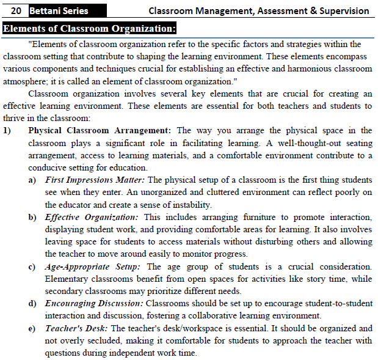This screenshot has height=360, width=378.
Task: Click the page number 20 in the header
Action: click(x=17, y=10)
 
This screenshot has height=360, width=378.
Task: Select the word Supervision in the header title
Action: click(x=345, y=10)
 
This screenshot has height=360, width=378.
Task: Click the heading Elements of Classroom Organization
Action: click(x=89, y=29)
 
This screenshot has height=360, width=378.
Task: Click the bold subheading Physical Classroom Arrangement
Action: click(x=101, y=130)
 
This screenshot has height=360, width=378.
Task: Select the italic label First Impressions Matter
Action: click(x=95, y=180)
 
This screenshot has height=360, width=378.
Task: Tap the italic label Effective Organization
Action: click(x=92, y=217)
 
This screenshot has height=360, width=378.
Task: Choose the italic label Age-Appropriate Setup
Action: click(x=94, y=266)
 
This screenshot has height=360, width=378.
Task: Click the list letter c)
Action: click(x=32, y=266)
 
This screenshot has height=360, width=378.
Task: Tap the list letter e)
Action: click(x=32, y=328)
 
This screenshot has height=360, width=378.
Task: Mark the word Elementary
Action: click(x=68, y=279)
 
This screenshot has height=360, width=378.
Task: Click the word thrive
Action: click(x=15, y=118)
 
